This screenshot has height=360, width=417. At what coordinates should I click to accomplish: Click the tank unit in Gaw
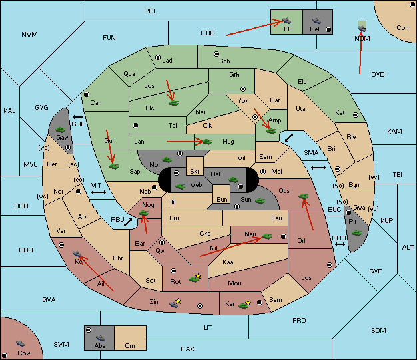point(61,130)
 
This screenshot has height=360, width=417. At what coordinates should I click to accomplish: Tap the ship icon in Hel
point(316,21)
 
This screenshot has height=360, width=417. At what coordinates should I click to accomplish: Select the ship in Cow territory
point(20,343)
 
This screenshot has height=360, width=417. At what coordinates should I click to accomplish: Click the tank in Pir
point(356,233)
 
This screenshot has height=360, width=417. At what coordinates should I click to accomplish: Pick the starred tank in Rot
point(195,278)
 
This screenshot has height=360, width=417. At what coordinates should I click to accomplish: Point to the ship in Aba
point(100,337)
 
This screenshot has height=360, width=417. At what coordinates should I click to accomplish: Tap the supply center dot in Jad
point(158,57)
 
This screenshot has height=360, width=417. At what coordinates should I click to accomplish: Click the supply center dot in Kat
point(356,115)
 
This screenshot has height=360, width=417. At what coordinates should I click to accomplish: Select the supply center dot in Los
point(330,265)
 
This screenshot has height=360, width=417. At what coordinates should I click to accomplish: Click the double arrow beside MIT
point(99,192)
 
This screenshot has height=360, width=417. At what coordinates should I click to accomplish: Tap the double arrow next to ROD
point(340,244)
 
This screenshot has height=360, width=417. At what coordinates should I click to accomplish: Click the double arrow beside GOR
point(77,117)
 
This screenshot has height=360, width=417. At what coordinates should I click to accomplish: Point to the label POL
point(151,11)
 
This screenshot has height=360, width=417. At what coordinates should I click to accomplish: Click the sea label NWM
point(29,35)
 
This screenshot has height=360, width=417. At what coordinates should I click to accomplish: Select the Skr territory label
point(195,172)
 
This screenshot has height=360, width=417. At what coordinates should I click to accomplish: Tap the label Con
point(402,28)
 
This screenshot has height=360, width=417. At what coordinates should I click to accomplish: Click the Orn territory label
point(130,345)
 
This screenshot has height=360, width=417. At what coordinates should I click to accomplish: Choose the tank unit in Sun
point(260,201)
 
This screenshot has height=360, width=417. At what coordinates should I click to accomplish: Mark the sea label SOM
point(378,330)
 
